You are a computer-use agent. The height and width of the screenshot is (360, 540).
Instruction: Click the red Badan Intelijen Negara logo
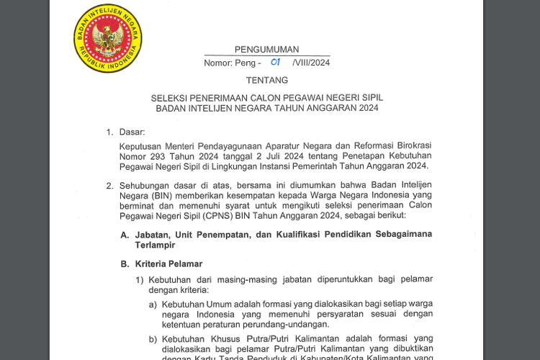108,37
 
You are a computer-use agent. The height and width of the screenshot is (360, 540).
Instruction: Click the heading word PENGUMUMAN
266,50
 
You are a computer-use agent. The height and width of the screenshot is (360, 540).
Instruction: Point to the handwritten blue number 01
275,63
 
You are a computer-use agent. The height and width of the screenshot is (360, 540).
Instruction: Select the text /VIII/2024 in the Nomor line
311,63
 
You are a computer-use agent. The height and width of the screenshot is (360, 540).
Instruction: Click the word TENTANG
266,80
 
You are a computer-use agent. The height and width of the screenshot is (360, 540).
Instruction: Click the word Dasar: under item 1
132,132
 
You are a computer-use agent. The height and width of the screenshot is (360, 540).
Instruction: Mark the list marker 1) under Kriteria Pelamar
140,279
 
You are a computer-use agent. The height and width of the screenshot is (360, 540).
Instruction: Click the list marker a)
153,304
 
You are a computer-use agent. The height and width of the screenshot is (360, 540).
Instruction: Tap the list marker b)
153,338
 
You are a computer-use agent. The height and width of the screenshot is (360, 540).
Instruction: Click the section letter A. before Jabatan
125,235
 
